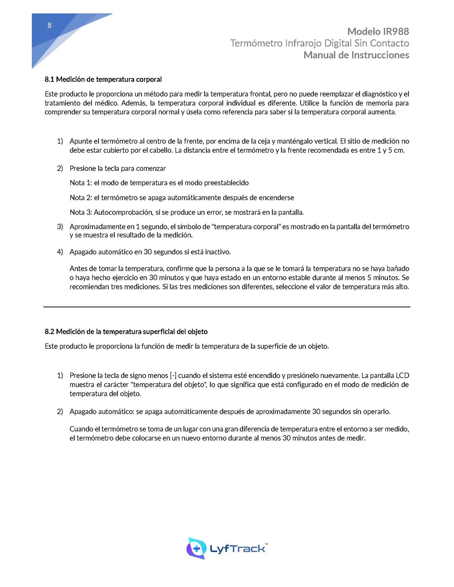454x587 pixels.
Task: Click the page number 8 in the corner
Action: pos(50,26)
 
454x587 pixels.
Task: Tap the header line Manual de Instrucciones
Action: pos(356,55)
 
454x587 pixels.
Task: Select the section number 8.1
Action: pos(50,79)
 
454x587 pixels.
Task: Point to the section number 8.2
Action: pos(50,331)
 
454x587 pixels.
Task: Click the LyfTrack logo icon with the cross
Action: pos(196,548)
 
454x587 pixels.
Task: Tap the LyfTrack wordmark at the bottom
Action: pos(238,549)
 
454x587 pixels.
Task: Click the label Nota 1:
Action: pos(81,183)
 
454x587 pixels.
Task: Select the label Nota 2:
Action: pos(81,198)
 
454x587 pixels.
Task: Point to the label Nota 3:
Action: pos(81,212)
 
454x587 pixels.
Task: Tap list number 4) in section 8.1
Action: pos(60,252)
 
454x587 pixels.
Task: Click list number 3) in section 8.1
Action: pos(60,227)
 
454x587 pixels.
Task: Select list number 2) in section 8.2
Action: pos(60,412)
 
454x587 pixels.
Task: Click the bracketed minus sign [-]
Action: pos(173,376)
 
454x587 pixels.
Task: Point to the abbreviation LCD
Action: pos(402,376)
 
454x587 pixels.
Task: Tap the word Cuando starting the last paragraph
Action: pos(81,429)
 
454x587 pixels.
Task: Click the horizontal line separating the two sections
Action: pos(227,307)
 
